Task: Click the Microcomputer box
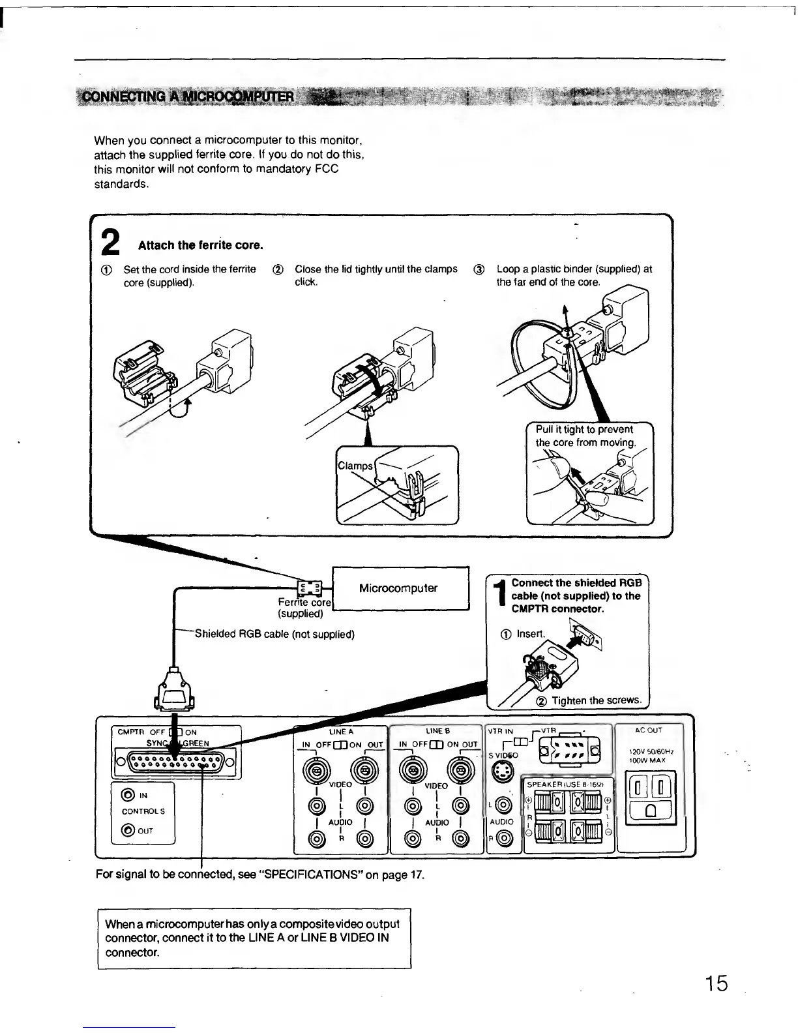[399, 588]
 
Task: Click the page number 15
[713, 983]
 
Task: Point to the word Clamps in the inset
[355, 466]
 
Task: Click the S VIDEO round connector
[501, 773]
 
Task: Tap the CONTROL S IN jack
[128, 795]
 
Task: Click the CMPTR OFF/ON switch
[174, 732]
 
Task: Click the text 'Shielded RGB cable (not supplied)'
[274, 634]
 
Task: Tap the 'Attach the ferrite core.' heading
[200, 245]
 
